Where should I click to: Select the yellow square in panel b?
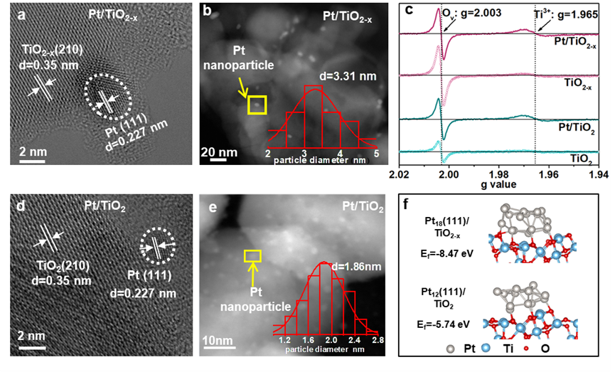click(x=256, y=105)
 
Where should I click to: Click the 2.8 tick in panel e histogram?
click(x=377, y=341)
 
